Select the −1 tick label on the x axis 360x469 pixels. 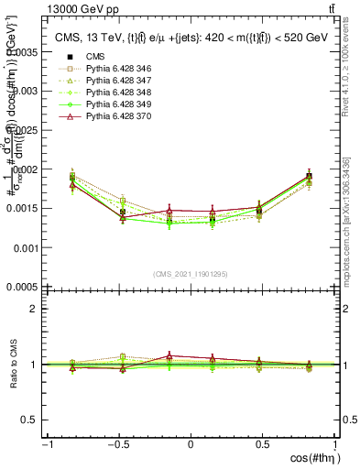(46, 444)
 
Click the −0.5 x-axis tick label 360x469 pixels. (116, 444)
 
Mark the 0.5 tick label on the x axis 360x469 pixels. (263, 444)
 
